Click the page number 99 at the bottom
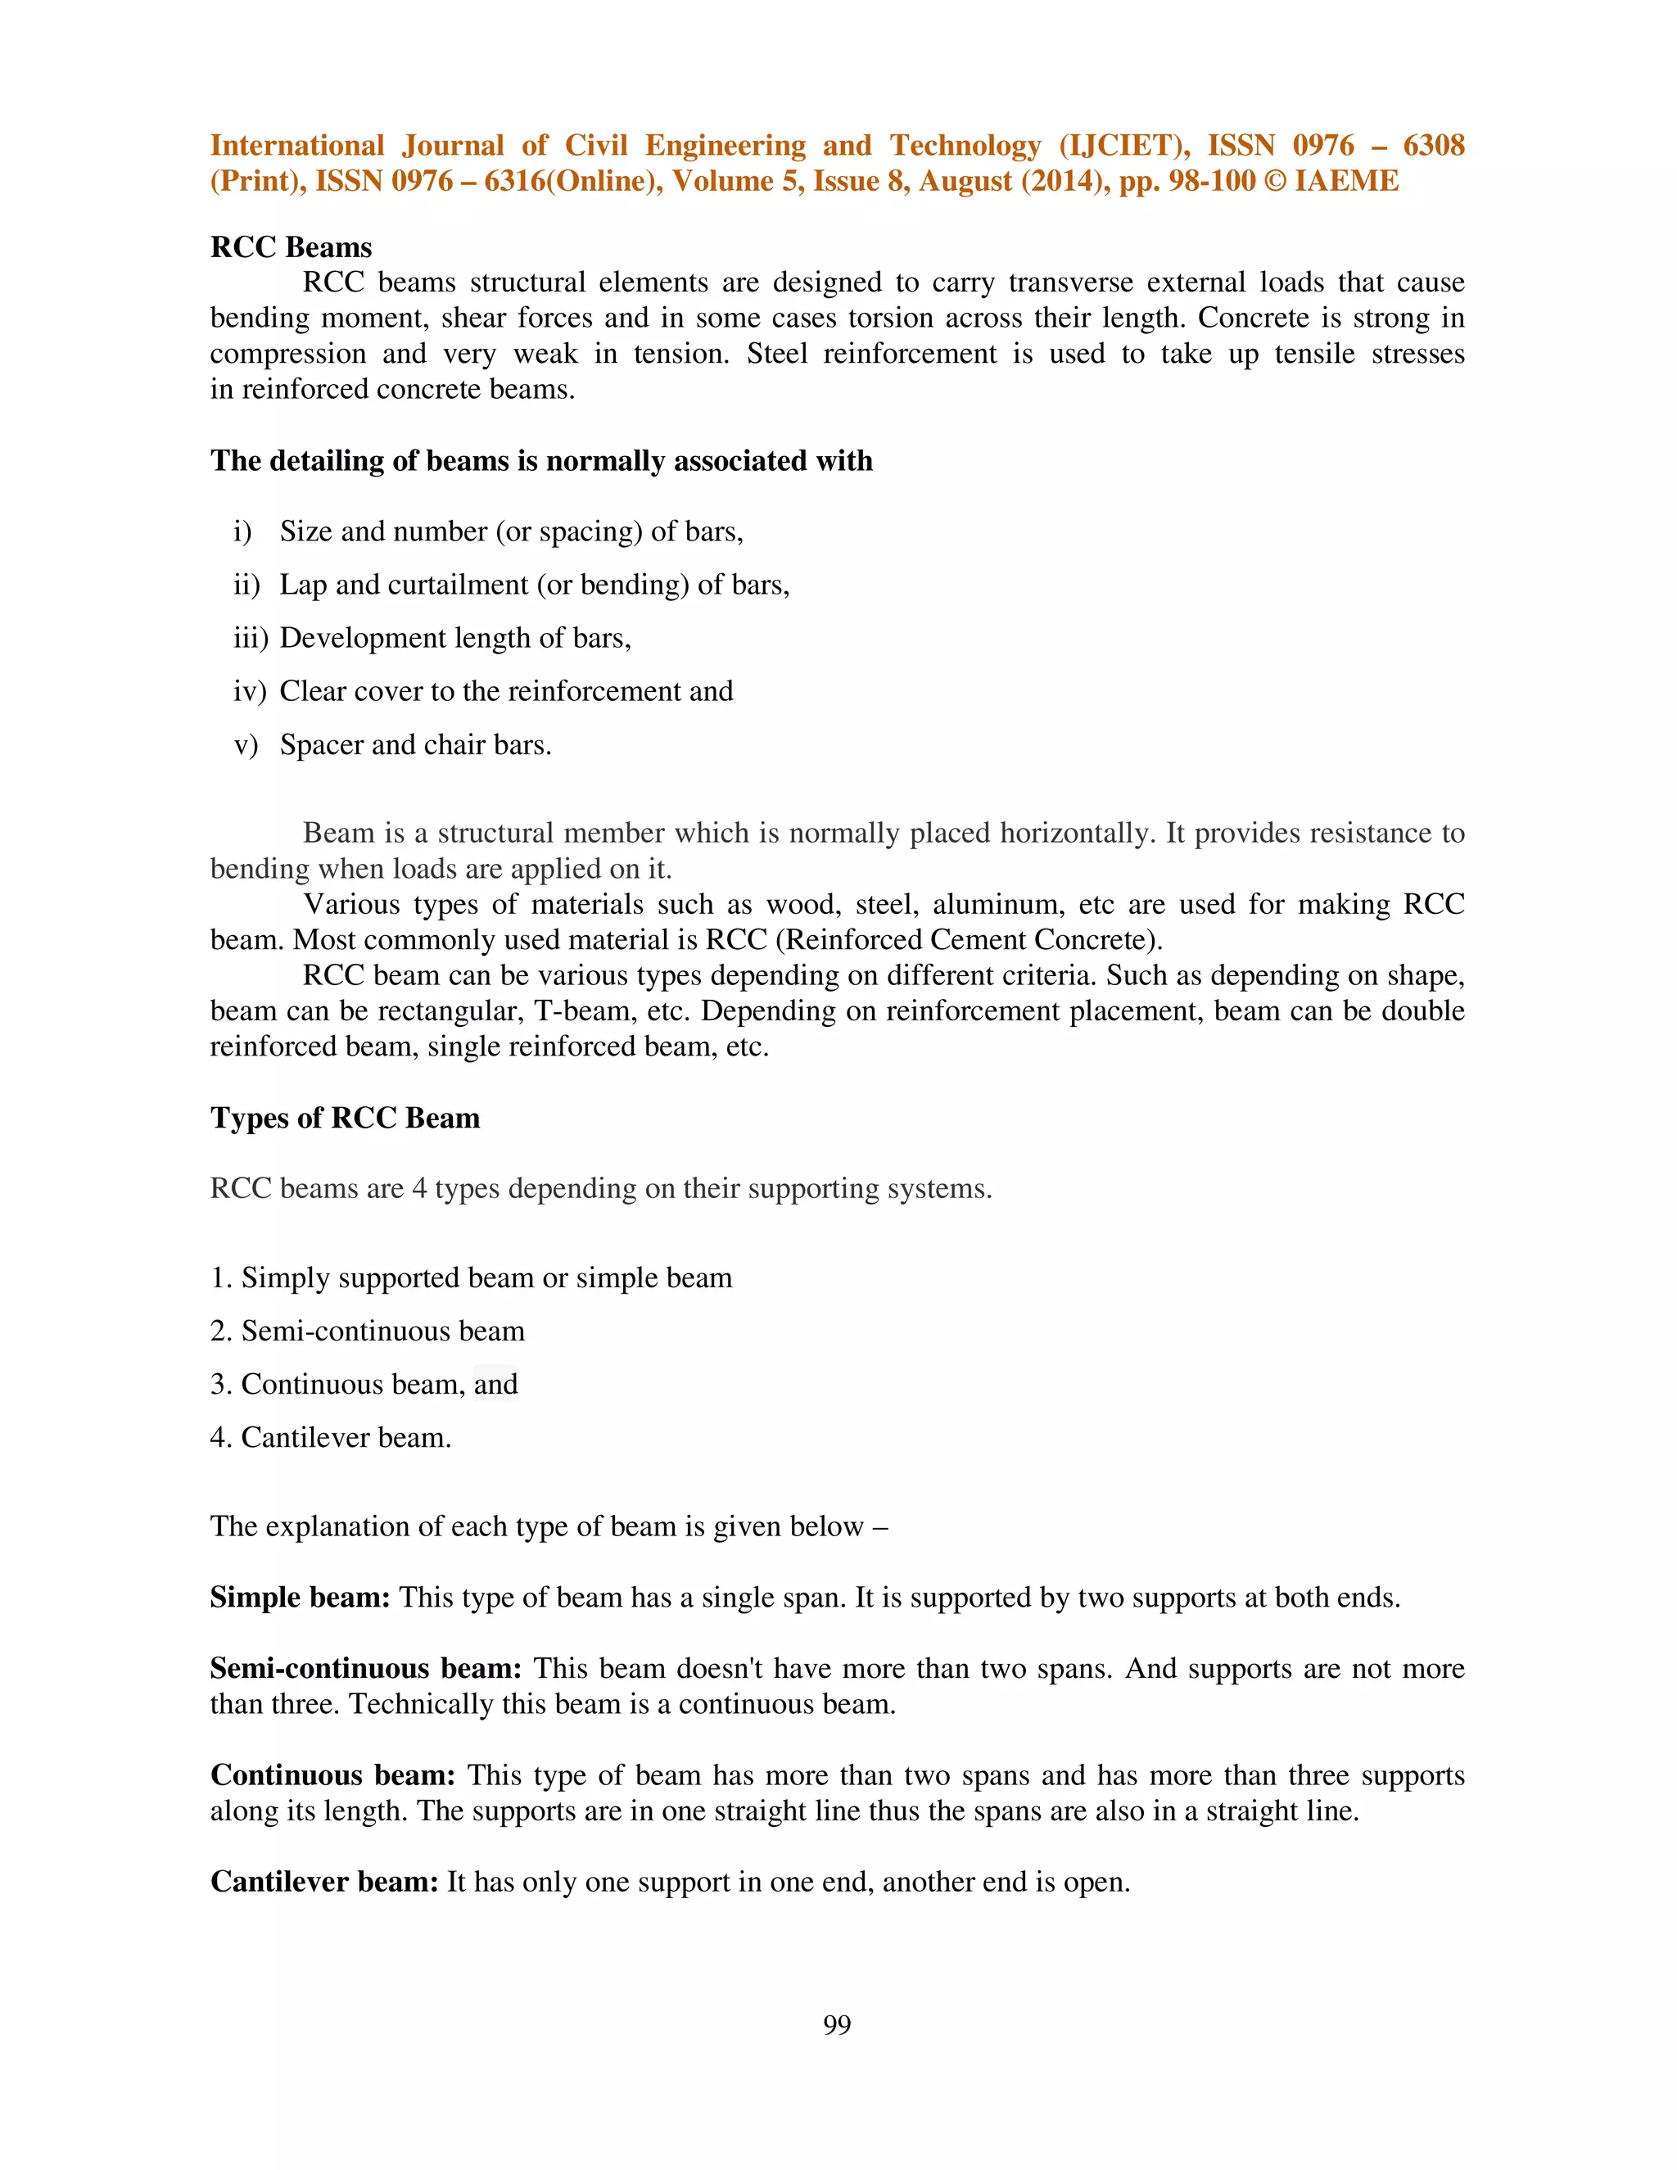coord(837,2024)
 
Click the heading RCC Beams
coord(291,247)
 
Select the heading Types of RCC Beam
coord(345,1118)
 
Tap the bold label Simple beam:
coord(300,1598)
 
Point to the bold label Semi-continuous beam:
coord(365,1668)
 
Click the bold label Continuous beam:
coord(332,1775)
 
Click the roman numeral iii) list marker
coord(251,638)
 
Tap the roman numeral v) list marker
coord(246,745)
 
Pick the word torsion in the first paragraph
coord(886,318)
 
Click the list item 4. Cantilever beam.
coord(331,1438)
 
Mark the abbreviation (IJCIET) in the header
coord(1123,146)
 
